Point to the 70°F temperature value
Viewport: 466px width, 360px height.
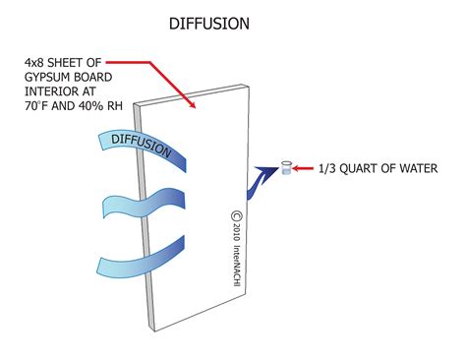[38, 115]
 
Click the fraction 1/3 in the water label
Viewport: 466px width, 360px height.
[327, 169]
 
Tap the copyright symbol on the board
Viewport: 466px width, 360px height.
[236, 216]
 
